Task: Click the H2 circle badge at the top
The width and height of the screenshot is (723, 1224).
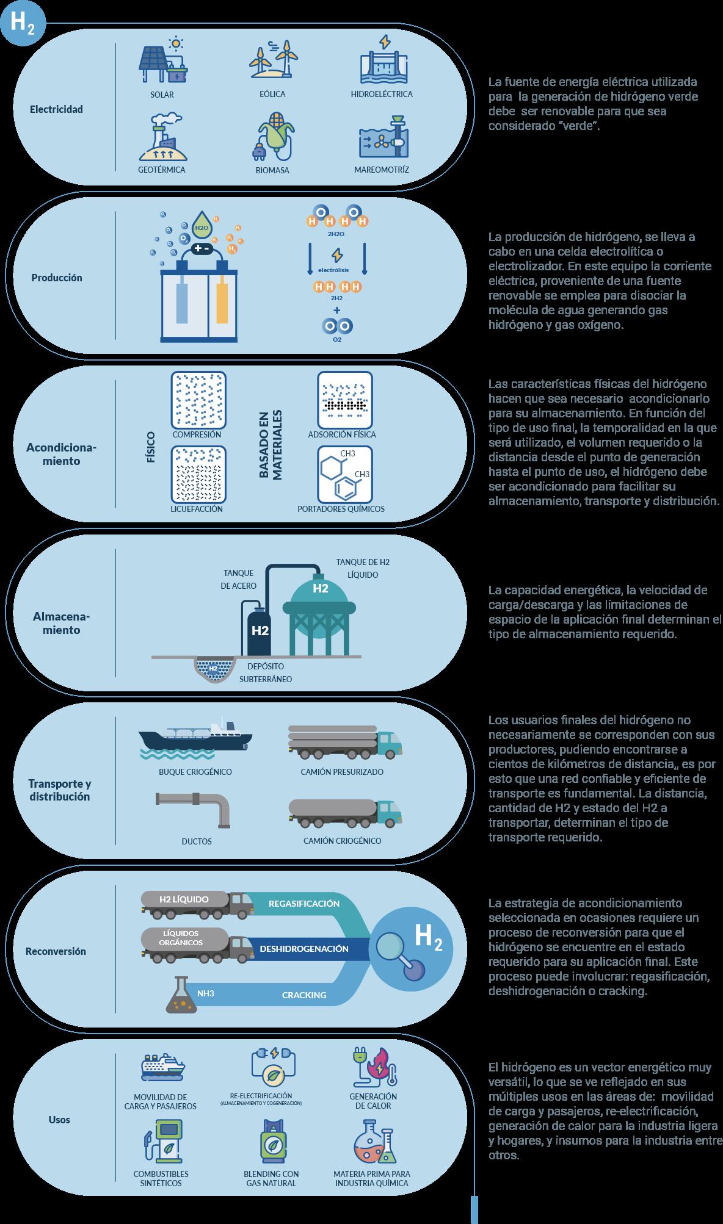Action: [22, 23]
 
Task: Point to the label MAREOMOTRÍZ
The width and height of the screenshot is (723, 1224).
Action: [382, 170]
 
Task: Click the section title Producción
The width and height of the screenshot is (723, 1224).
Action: [57, 278]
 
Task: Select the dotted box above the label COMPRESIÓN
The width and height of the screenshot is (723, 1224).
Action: [199, 400]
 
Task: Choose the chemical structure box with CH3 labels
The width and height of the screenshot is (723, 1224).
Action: [344, 474]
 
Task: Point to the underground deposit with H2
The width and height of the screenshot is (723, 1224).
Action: [214, 668]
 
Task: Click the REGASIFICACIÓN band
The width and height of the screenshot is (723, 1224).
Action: [304, 904]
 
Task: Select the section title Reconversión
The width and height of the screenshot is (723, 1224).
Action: [56, 951]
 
